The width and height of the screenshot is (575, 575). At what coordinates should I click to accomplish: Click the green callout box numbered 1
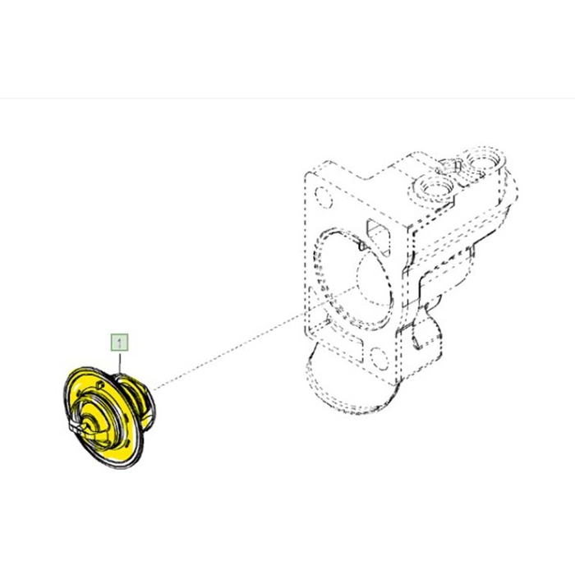pyautogui.click(x=119, y=343)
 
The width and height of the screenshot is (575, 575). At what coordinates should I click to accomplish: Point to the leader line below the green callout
pyautogui.click(x=119, y=362)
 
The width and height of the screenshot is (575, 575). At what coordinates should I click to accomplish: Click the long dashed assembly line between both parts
pyautogui.click(x=253, y=338)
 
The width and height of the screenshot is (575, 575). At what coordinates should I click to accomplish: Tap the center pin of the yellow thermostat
pyautogui.click(x=88, y=425)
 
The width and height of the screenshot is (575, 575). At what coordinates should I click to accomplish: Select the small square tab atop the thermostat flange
pyautogui.click(x=98, y=384)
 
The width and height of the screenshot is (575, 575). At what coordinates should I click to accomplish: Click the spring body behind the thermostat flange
pyautogui.click(x=137, y=400)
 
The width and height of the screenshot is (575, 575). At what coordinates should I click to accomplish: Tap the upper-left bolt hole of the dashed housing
pyautogui.click(x=324, y=197)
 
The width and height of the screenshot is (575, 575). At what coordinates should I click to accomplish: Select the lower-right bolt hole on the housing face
pyautogui.click(x=379, y=359)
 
